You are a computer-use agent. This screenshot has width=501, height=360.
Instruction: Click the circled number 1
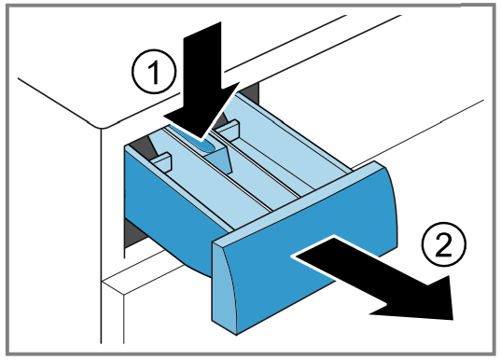point(154,71)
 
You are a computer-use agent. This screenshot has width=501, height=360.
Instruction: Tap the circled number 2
point(444,244)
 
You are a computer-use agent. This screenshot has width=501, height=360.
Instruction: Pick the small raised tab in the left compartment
point(162,163)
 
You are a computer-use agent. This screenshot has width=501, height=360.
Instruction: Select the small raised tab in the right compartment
point(228,129)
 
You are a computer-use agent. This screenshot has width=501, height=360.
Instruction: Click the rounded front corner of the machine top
point(102,129)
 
